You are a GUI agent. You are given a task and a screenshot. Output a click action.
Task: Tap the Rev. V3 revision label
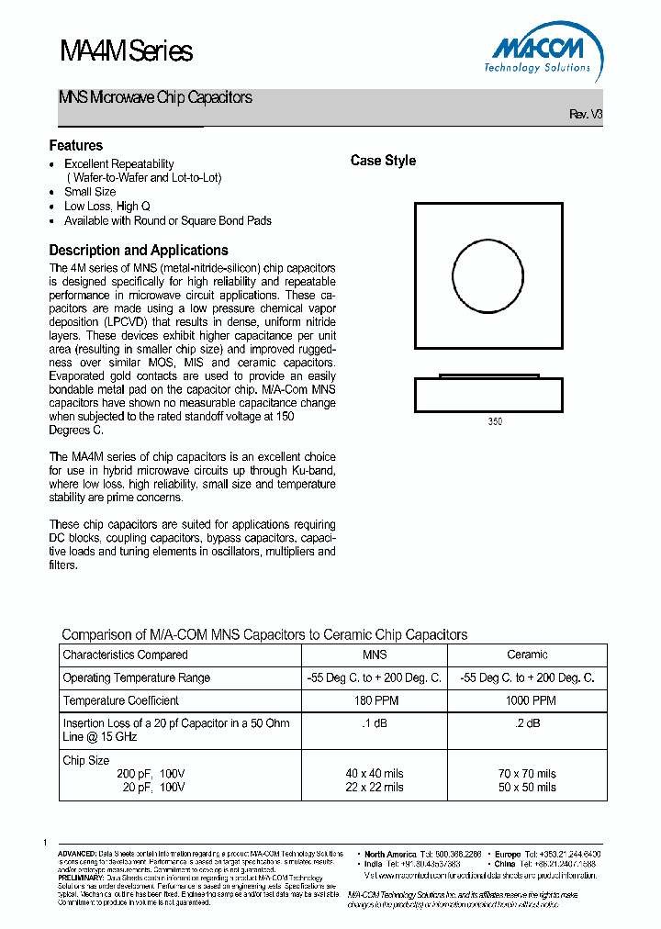(586, 115)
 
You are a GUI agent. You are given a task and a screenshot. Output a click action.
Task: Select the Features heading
(76, 146)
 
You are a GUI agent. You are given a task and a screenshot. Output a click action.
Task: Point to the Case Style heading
(383, 161)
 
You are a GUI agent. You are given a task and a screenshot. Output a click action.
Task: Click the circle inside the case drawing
(487, 275)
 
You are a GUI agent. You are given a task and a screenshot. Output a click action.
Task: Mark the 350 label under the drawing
(496, 422)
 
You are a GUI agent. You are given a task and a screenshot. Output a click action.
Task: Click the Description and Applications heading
(139, 250)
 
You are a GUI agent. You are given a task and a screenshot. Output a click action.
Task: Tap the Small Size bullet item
(90, 192)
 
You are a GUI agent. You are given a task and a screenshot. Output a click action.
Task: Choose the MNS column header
(375, 655)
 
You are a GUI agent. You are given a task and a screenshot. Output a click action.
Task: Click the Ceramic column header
(527, 655)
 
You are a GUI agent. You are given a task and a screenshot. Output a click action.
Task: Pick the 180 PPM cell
(375, 700)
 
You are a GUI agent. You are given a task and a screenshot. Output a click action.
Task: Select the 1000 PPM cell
(527, 700)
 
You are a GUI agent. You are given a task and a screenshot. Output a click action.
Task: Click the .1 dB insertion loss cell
(375, 723)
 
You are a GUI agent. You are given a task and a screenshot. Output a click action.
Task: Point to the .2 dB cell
(527, 723)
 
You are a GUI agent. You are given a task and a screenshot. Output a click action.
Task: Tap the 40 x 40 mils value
(375, 774)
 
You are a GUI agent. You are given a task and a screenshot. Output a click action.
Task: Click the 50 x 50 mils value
(527, 788)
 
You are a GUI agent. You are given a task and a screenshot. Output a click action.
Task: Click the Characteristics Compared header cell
(125, 655)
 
